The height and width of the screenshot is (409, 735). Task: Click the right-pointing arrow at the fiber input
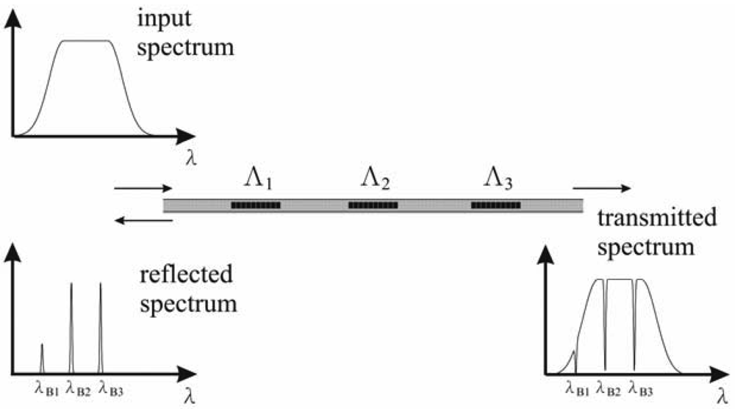140,189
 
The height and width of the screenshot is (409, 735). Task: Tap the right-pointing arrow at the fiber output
600,189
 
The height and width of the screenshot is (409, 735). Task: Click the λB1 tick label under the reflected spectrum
46,384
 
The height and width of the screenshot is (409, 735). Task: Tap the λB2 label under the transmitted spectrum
609,383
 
